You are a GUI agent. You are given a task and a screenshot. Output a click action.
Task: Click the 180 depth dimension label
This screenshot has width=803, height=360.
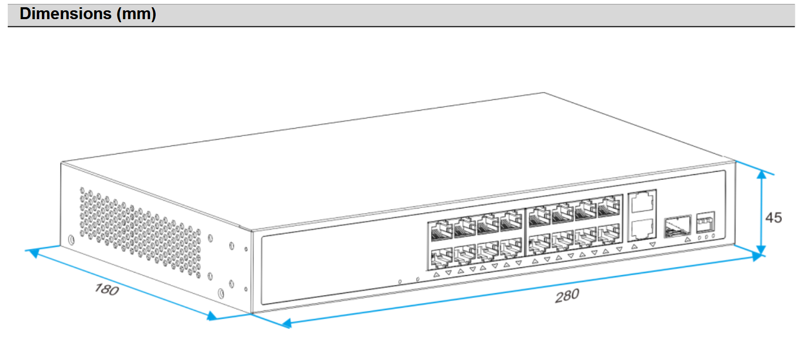click(x=107, y=289)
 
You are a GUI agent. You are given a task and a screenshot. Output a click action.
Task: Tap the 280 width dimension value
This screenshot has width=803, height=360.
click(x=567, y=296)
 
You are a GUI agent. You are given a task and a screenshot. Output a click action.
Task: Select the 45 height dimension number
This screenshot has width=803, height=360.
click(x=774, y=218)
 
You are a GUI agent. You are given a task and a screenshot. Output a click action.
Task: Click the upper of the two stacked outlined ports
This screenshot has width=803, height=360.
click(x=642, y=202)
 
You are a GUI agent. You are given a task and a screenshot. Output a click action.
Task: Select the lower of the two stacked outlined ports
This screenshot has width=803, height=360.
click(x=642, y=228)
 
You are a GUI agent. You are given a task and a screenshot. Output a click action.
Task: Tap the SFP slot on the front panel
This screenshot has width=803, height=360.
click(x=677, y=225)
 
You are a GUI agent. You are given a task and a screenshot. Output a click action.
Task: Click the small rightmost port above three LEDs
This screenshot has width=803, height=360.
click(x=706, y=222)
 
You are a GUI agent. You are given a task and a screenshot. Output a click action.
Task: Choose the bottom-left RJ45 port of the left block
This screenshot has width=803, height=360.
click(x=441, y=257)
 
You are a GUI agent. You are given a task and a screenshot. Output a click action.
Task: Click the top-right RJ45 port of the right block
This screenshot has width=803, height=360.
click(x=609, y=207)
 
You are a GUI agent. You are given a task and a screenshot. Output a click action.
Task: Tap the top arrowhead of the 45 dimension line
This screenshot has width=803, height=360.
click(x=761, y=175)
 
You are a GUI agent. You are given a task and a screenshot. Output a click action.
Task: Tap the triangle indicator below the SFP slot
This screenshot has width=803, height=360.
click(x=687, y=240)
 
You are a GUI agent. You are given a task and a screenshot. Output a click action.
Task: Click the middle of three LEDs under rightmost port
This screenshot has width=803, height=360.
click(x=706, y=237)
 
